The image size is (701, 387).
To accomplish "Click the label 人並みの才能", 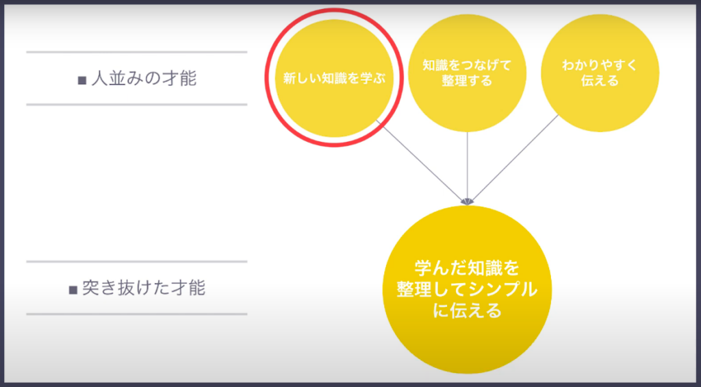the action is coord(144,79).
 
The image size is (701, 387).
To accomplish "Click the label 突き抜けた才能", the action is coord(144,288).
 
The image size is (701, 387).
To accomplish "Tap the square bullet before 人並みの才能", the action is coord(82,81).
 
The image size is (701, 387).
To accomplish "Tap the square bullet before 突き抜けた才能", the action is coord(73,290).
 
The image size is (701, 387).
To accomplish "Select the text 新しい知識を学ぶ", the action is coord(334,78).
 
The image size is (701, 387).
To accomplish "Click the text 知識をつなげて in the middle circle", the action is coord(467,65).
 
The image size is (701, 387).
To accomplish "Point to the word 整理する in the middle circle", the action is coord(467,81).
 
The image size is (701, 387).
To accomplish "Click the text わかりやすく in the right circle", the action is coord(600,65).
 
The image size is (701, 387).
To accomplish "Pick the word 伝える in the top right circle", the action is coord(600,81).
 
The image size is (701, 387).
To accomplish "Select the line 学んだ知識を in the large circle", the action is coord(467,268).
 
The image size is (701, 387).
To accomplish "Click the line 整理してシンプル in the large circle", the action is coord(467,290).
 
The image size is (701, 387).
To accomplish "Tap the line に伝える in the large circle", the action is coord(467,310).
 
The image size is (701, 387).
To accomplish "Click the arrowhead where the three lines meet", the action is coord(467,202).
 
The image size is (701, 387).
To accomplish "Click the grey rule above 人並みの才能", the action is coord(137,52).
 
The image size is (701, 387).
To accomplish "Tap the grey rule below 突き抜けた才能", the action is coord(137,314).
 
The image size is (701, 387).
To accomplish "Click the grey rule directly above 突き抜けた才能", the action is coord(137,262).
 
